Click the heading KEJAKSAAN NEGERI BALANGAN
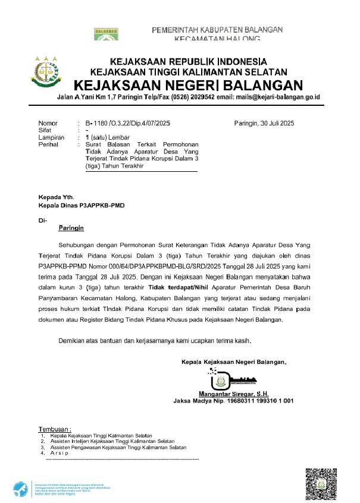click(188, 85)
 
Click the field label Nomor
click(48, 123)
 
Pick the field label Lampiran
click(51, 137)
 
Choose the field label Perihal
click(48, 144)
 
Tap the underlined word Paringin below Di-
click(71, 228)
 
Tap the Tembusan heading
click(55, 429)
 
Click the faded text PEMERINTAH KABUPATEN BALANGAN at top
click(217, 30)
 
